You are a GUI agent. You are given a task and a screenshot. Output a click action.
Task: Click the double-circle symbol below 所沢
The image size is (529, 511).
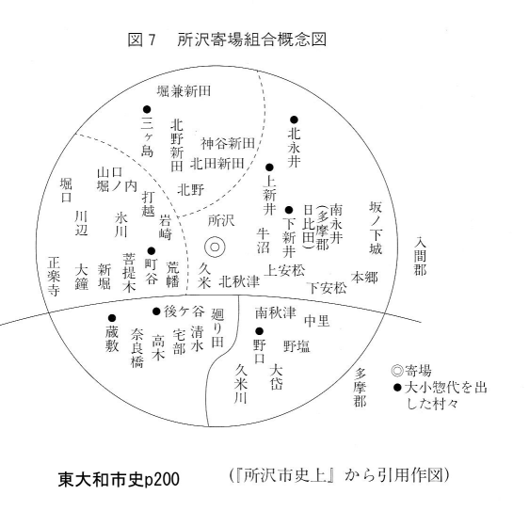pos(215,248)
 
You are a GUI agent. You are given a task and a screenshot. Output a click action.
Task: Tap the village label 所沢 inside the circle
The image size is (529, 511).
pos(221,220)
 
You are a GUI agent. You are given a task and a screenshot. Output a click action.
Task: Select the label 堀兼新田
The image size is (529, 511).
pos(184,90)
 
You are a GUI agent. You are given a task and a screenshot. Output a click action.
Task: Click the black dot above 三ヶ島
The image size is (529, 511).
pos(147,109)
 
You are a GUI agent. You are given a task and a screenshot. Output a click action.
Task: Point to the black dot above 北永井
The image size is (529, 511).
pos(295,120)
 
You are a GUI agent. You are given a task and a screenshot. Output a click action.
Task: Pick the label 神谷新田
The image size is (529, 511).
pos(228,143)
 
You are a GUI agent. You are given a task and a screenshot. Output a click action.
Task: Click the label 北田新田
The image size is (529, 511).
pos(216,164)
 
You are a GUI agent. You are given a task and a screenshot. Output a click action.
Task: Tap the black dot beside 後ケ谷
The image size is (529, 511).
pos(156,311)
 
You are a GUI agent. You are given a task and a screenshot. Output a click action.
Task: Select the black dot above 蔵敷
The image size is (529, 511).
pos(112,318)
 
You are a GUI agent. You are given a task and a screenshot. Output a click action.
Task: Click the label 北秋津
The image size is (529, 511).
pos(239,281)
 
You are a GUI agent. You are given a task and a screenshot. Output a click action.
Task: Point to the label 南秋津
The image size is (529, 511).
pos(276,312)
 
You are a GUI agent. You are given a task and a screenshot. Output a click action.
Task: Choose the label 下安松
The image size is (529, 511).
pos(328,288)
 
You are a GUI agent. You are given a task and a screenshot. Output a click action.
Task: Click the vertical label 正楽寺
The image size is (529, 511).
pos(54,277)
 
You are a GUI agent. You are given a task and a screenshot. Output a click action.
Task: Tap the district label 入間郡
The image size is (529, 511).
pos(421,256)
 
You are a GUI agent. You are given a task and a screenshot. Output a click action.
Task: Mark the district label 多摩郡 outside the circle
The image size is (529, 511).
pos(360,388)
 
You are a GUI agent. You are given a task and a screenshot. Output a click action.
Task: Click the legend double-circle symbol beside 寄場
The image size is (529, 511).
pos(397,371)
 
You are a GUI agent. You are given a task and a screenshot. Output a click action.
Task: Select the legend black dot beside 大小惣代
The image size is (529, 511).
pos(398,388)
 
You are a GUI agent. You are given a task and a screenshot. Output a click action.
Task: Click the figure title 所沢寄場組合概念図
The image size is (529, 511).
pos(251,40)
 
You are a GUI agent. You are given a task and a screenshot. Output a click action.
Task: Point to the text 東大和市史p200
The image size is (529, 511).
pos(119,479)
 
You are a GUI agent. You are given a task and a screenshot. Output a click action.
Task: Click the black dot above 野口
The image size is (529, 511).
pos(259,331)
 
